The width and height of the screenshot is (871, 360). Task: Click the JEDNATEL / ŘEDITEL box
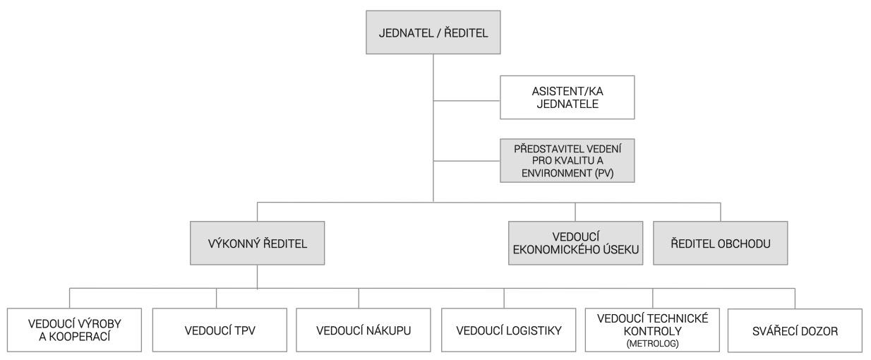(x=433, y=32)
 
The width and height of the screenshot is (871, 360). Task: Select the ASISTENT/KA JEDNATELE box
(x=567, y=97)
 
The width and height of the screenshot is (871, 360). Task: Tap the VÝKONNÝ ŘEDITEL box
(x=258, y=244)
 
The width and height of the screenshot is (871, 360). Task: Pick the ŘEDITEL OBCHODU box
(x=721, y=244)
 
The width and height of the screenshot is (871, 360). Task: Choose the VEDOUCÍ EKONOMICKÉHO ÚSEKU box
(x=576, y=244)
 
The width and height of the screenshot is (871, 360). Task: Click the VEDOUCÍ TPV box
(x=220, y=330)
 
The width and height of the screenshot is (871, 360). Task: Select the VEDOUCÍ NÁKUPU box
(x=364, y=330)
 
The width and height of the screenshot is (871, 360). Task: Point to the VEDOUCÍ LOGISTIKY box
(x=509, y=330)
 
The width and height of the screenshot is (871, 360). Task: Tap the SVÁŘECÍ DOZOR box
(x=795, y=330)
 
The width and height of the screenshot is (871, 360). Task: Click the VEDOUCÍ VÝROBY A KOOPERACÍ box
(x=74, y=330)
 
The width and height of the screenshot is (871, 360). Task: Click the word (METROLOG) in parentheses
(x=652, y=344)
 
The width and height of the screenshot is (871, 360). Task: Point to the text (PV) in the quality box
(x=604, y=173)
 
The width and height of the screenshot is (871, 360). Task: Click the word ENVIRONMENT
(x=556, y=173)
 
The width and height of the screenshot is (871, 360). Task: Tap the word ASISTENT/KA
(x=567, y=91)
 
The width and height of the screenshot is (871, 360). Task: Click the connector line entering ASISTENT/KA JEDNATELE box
(x=467, y=101)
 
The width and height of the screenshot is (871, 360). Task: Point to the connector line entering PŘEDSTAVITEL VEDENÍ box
(x=467, y=160)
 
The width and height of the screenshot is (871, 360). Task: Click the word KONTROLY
(x=652, y=331)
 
